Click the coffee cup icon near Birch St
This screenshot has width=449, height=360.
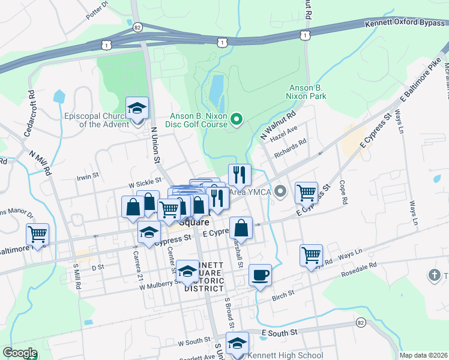pyautogui.click(x=260, y=275)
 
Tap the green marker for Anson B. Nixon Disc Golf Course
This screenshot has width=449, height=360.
pyautogui.click(x=236, y=119)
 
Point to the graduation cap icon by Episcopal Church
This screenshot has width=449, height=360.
pyautogui.click(x=137, y=109)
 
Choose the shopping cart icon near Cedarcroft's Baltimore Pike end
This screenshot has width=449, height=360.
pyautogui.click(x=37, y=234)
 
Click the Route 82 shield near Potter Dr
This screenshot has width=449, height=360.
pyautogui.click(x=138, y=27)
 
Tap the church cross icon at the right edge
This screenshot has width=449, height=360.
pyautogui.click(x=435, y=275)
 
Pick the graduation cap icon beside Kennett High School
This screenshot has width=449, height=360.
pyautogui.click(x=237, y=343)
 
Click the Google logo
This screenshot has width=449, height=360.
pyautogui.click(x=19, y=353)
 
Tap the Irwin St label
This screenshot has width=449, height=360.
pyautogui.click(x=86, y=178)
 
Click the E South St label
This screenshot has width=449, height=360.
pyautogui.click(x=279, y=332)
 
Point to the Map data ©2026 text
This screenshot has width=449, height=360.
pyautogui.click(x=423, y=355)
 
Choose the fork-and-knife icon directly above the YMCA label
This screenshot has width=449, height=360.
pyautogui.click(x=240, y=175)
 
